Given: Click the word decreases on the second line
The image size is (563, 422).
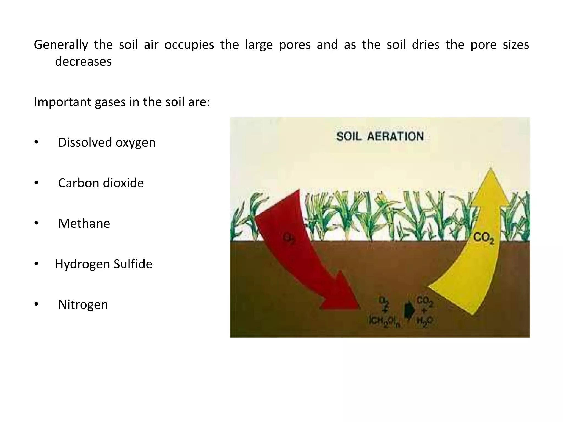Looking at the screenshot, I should [x=83, y=62].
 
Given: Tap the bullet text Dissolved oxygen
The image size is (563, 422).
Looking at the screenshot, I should [x=107, y=143].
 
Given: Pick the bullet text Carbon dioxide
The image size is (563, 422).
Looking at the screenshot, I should [x=101, y=183].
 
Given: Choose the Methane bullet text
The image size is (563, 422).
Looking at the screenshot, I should [x=84, y=223].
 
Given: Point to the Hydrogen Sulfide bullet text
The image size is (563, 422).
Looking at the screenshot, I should [x=104, y=264].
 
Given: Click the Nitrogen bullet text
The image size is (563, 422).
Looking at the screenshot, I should [x=83, y=304].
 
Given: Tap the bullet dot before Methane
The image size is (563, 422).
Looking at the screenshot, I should [x=36, y=223].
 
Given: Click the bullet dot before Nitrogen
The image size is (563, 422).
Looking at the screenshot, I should [x=36, y=304].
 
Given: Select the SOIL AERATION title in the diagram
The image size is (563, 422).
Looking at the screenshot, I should [x=380, y=137].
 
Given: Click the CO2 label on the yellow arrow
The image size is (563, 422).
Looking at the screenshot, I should [x=484, y=238].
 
